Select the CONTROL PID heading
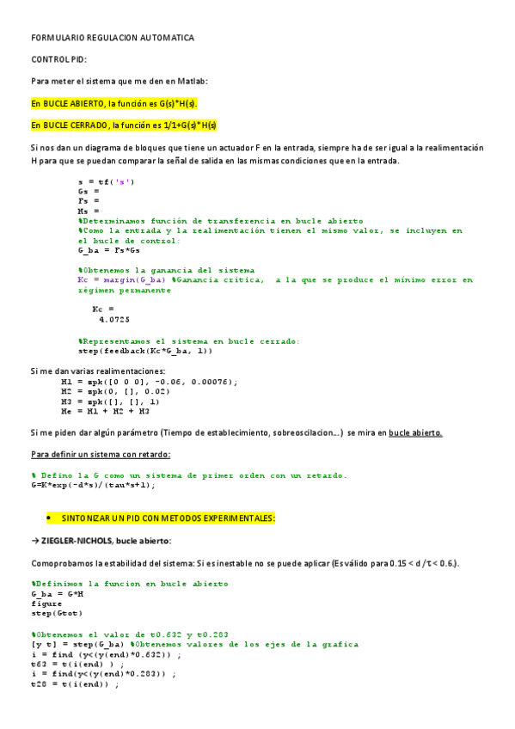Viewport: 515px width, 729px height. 59,60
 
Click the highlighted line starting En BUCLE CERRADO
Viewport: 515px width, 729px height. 124,125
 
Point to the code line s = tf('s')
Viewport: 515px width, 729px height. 106,181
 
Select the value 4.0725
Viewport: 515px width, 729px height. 114,318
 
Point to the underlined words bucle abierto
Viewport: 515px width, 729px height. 415,432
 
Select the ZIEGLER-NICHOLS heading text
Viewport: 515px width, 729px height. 104,541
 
